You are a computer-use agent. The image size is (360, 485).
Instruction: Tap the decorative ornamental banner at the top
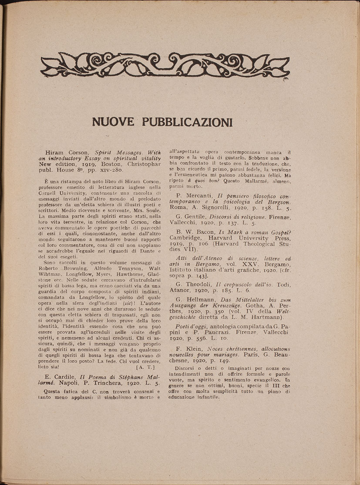165,66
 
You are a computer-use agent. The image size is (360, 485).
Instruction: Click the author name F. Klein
190,349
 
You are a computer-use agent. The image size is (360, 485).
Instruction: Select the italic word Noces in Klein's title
216,349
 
